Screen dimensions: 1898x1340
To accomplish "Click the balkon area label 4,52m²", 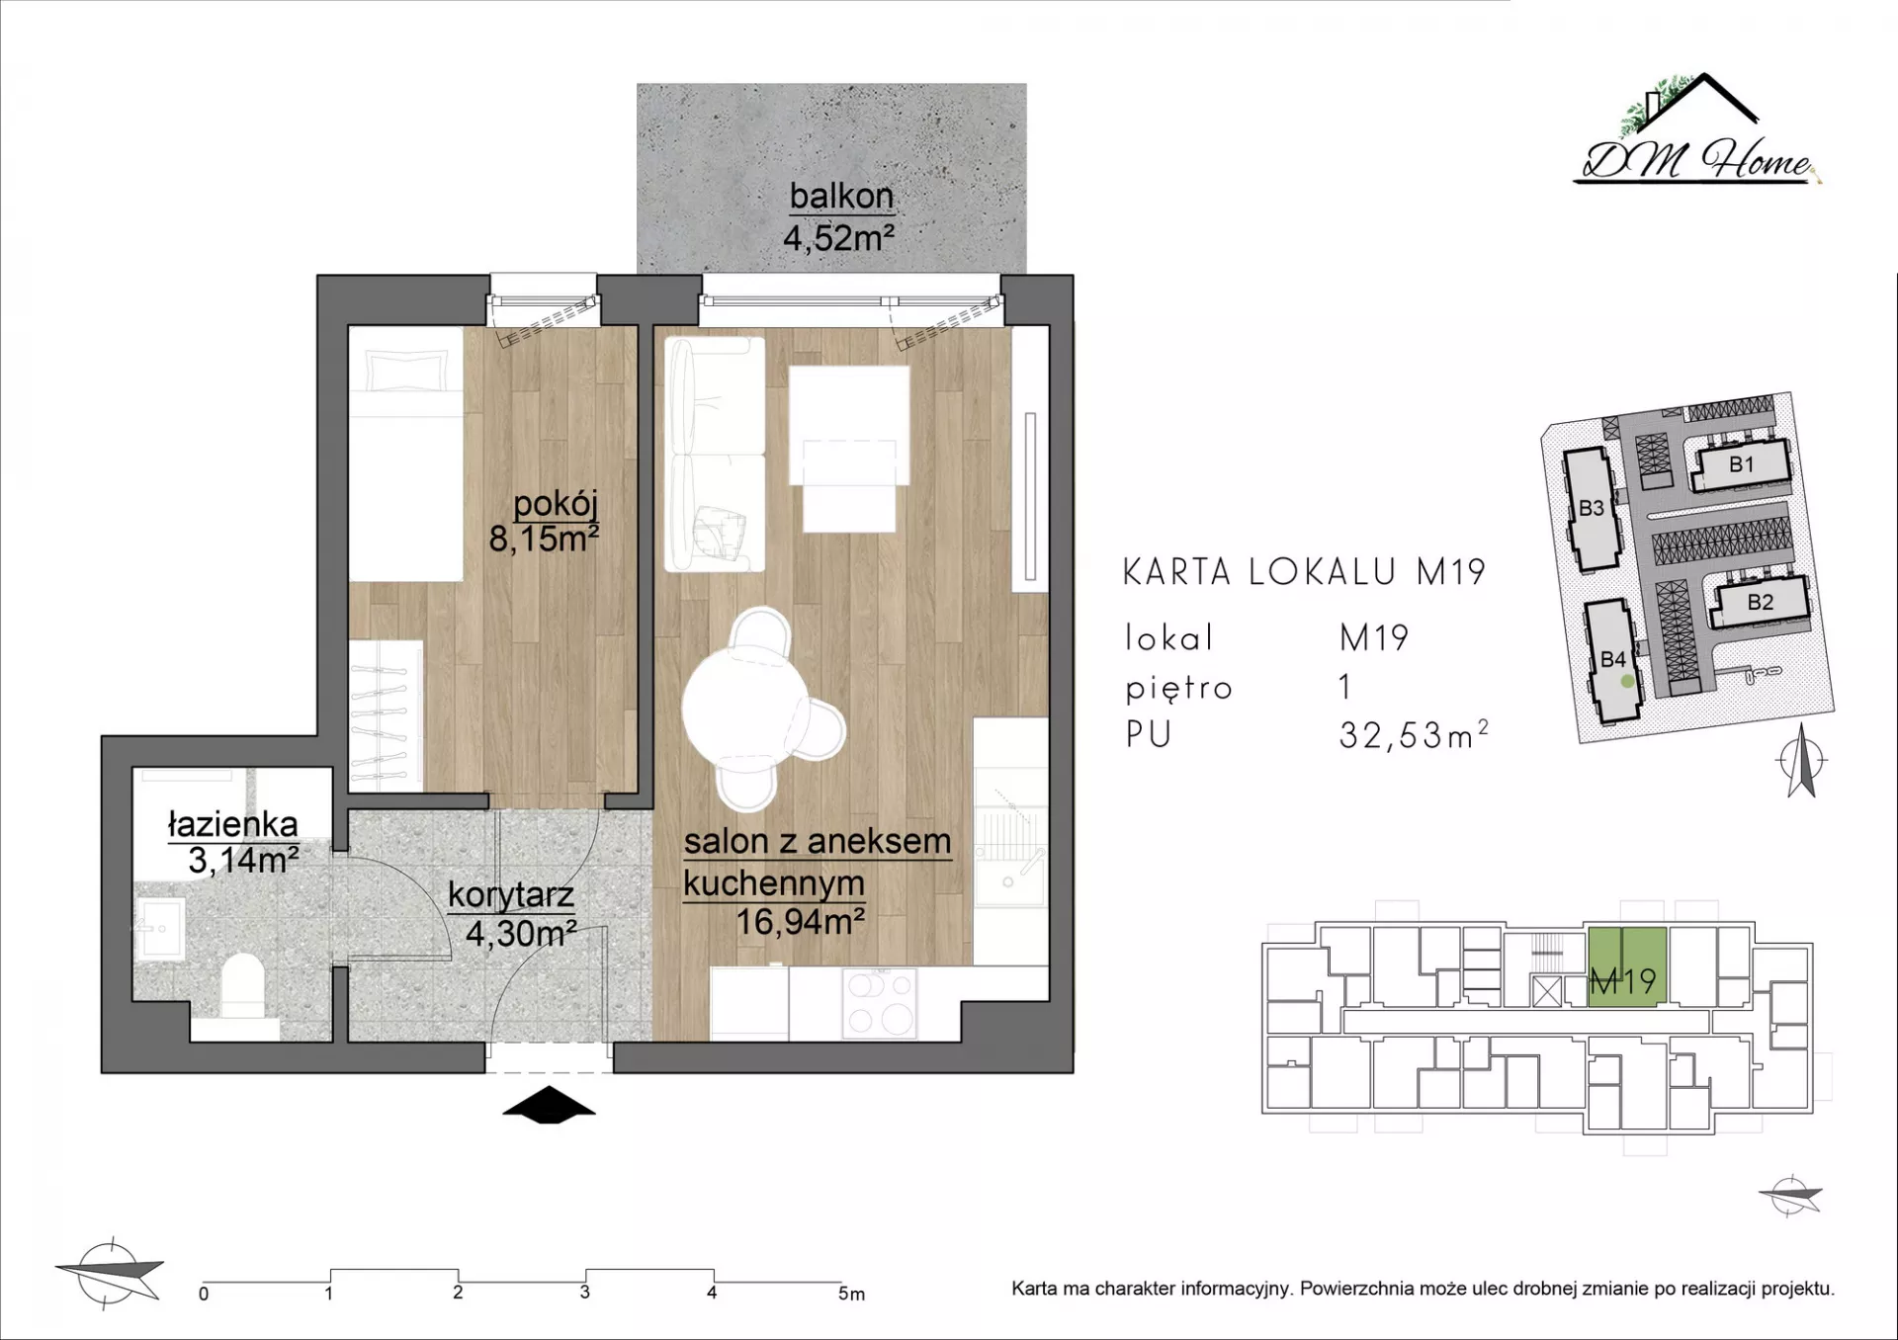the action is pyautogui.click(x=838, y=238).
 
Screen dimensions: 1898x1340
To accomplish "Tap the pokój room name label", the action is pyautogui.click(x=556, y=504).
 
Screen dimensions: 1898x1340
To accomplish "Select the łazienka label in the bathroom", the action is pyautogui.click(x=232, y=824).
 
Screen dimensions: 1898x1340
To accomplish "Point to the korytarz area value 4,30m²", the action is pyautogui.click(x=521, y=933).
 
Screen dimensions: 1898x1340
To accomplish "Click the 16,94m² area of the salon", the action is pyautogui.click(x=801, y=922).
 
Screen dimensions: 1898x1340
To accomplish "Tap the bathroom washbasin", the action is pyautogui.click(x=158, y=928).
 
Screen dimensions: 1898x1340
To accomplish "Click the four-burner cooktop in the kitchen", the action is pyautogui.click(x=879, y=1002).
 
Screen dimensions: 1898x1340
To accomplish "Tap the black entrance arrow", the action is pyautogui.click(x=549, y=1105).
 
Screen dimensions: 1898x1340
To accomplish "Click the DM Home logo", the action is pyautogui.click(x=1696, y=130).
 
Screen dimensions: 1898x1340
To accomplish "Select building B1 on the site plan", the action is pyautogui.click(x=1741, y=464).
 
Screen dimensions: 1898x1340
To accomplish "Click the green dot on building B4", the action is pyautogui.click(x=1627, y=681).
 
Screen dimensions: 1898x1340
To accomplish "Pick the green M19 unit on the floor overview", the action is pyautogui.click(x=1627, y=966).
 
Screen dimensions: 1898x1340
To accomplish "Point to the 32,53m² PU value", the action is pyautogui.click(x=1414, y=734).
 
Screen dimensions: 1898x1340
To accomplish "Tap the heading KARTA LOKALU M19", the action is pyautogui.click(x=1304, y=572).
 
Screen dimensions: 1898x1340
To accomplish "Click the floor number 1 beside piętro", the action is pyautogui.click(x=1345, y=687).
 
